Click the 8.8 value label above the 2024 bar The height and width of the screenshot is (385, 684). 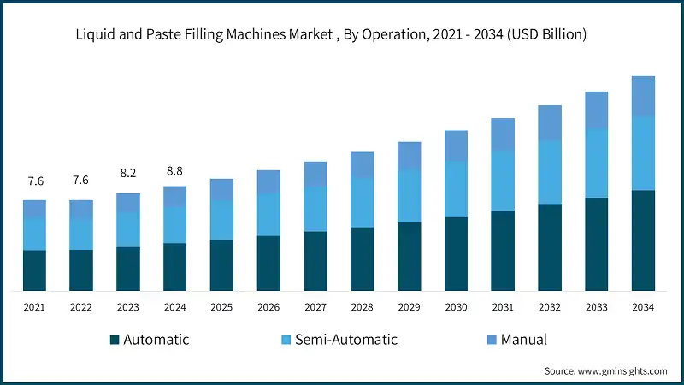coord(174,170)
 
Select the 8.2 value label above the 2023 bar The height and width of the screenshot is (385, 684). coord(128,173)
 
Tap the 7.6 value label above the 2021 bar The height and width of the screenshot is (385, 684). coord(34,181)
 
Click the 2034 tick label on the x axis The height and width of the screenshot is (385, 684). coord(643,307)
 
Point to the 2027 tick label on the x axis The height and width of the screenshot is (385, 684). coord(315,307)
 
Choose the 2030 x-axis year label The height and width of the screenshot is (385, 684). coord(456,307)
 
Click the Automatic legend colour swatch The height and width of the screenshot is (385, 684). coord(115,341)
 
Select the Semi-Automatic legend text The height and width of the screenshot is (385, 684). coord(346,340)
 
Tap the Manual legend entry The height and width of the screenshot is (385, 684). coord(523,340)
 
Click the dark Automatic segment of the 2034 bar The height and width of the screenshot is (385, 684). coord(643,240)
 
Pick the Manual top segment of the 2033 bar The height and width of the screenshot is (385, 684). coord(596,110)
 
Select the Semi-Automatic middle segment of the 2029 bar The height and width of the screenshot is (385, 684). coord(409,196)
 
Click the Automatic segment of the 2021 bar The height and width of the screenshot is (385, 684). coord(34,270)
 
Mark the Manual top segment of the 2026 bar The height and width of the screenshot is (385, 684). coord(268,181)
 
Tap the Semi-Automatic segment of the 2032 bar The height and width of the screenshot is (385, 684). coord(550,173)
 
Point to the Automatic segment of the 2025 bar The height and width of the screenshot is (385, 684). coord(221,265)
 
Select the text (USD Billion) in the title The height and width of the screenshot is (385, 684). coord(545,34)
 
